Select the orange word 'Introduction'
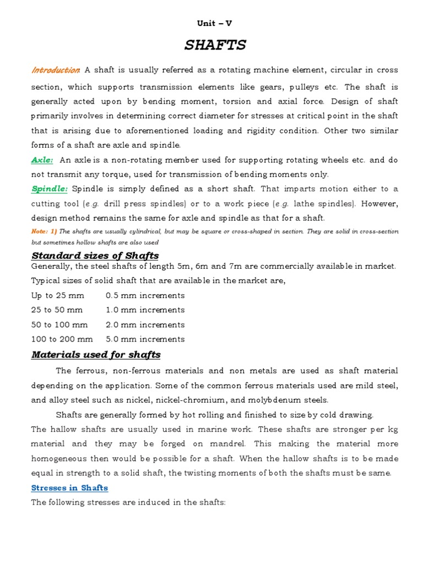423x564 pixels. pos(56,70)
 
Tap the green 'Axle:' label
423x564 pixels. pos(42,160)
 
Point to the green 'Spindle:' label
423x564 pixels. pos(50,188)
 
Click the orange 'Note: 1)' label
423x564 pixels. pos(44,231)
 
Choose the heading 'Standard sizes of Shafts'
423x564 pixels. pos(95,256)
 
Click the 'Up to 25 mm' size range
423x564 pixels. pos(58,296)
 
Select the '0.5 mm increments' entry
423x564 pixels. pos(145,296)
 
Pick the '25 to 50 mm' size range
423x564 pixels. pos(58,310)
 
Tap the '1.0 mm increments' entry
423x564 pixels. pos(145,310)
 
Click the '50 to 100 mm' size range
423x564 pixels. pos(59,325)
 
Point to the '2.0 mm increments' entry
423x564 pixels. pos(145,325)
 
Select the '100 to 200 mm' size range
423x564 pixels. pos(62,339)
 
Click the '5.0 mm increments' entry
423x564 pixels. pos(145,339)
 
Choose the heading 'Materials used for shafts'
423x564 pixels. pos(96,355)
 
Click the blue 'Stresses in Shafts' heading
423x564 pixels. pos(69,488)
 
